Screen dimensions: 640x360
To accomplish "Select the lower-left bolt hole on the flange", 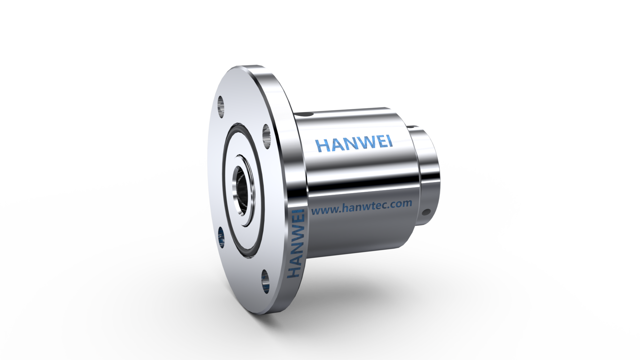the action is [220, 238].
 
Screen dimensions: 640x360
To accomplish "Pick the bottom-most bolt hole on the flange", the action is [266, 281].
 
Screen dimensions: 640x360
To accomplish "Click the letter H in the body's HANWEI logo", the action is [322, 146].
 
